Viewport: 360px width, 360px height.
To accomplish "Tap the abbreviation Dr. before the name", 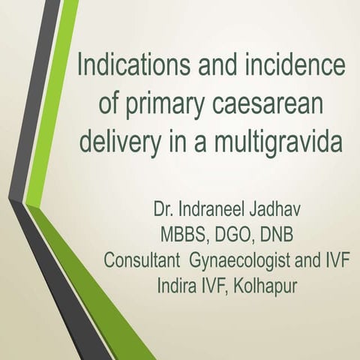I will click(x=164, y=206).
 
